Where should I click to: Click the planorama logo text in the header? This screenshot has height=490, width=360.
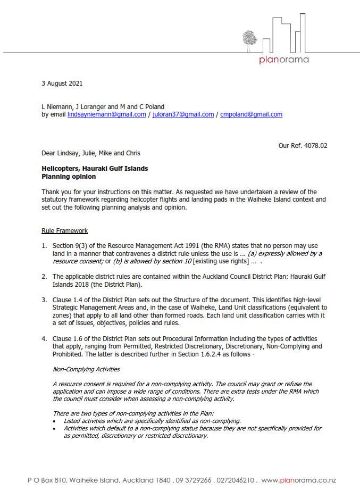[x=283, y=60]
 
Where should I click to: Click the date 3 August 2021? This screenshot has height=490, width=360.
[x=62, y=84]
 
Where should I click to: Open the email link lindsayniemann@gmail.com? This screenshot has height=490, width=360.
[x=106, y=114]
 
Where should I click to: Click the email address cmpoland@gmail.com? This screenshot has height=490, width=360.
[x=251, y=114]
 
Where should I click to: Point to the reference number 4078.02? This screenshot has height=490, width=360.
[x=314, y=145]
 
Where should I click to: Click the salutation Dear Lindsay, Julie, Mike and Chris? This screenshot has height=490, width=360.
[x=91, y=153]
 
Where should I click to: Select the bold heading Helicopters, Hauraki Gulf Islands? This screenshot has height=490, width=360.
[x=95, y=169]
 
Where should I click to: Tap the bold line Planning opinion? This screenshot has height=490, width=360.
[x=69, y=176]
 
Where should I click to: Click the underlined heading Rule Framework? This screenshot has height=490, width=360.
[x=64, y=230]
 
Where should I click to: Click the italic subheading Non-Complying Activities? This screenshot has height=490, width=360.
[x=86, y=369]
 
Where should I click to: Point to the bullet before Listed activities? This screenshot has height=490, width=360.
[x=55, y=420]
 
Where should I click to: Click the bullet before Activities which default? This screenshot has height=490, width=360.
[x=55, y=428]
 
